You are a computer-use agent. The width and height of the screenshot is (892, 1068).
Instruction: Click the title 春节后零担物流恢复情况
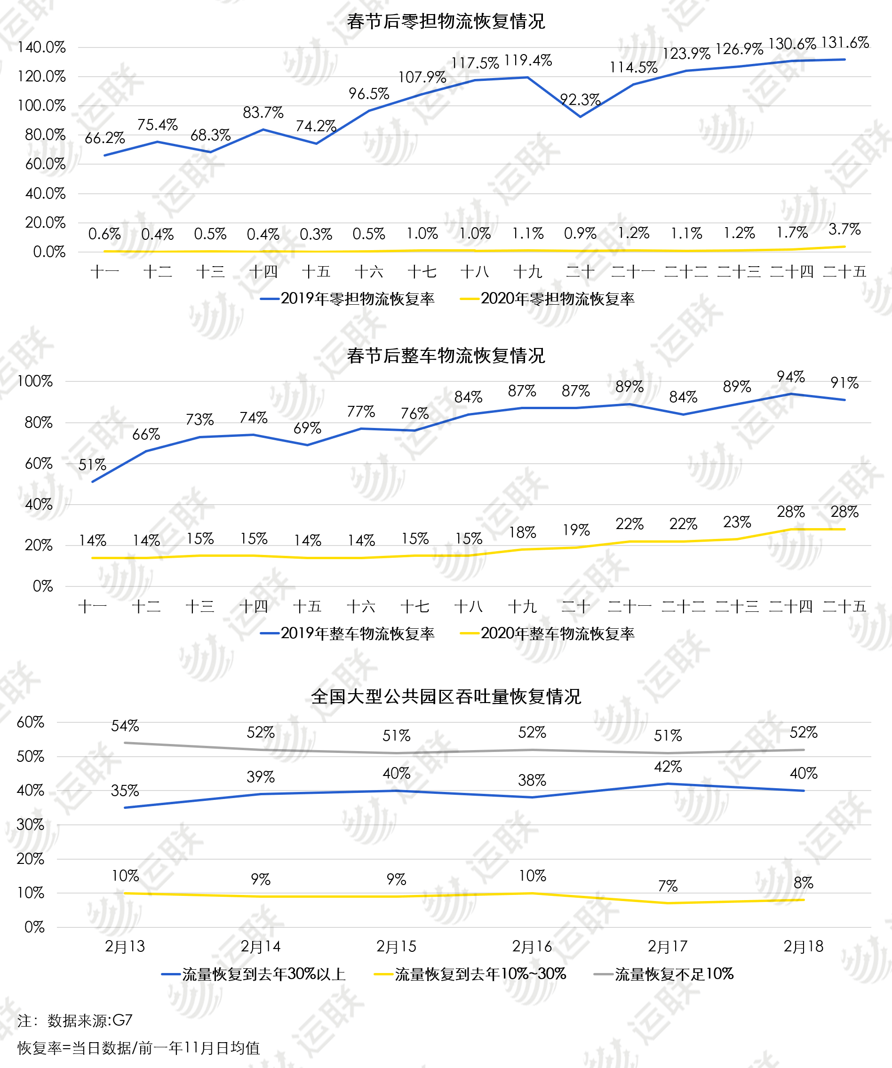pyautogui.click(x=446, y=21)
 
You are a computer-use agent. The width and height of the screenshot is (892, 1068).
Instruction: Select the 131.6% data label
pyautogui.click(x=844, y=42)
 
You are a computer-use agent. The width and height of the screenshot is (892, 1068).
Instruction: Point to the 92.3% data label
pyautogui.click(x=580, y=100)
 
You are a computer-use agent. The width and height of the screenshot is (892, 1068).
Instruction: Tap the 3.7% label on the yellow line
pyautogui.click(x=844, y=229)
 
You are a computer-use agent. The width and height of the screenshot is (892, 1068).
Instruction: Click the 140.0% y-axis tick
pyautogui.click(x=42, y=47)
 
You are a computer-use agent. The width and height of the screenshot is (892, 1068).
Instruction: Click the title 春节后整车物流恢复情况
pyautogui.click(x=446, y=356)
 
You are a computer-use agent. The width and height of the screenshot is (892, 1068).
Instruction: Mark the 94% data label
pyautogui.click(x=791, y=377)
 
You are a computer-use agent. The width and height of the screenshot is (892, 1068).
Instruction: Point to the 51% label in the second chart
pyautogui.click(x=92, y=465)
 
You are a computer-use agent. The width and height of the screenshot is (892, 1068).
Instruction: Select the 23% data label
pyautogui.click(x=737, y=522)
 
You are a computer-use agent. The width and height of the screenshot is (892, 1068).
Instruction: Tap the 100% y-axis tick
pyautogui.click(x=35, y=381)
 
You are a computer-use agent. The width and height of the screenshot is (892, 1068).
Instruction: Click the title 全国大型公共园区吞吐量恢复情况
pyautogui.click(x=446, y=696)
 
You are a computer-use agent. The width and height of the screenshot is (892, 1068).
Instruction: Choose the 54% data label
pyautogui.click(x=125, y=726)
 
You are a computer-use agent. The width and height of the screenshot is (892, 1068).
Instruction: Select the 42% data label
pyautogui.click(x=668, y=767)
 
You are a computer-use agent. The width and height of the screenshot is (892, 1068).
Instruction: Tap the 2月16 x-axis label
pyautogui.click(x=532, y=947)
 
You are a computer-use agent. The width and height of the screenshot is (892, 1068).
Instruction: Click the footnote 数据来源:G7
pyautogui.click(x=89, y=1021)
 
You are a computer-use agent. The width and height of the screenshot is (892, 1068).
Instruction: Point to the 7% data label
pyautogui.click(x=668, y=886)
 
